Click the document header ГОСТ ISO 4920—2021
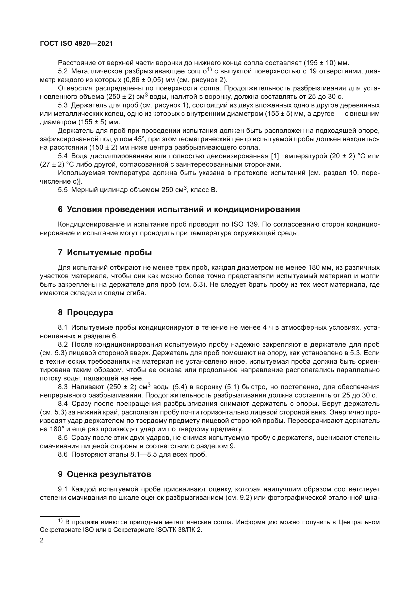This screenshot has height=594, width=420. [76, 43]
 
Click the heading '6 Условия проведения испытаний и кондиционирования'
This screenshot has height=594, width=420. [179, 209]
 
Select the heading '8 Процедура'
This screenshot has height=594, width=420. [85, 313]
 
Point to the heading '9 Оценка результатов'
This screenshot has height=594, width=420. [104, 474]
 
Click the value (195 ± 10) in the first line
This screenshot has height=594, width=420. [319, 63]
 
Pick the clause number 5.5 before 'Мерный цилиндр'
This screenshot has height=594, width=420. [62, 190]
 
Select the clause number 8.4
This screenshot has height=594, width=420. [62, 404]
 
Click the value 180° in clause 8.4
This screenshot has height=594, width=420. [55, 429]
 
